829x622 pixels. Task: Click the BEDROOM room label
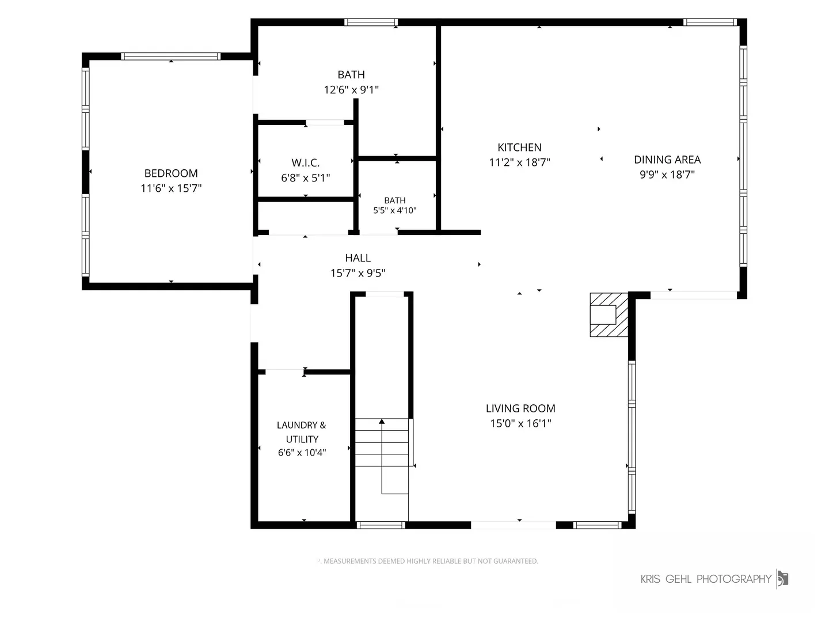171,173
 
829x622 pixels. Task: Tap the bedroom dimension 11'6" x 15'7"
171,188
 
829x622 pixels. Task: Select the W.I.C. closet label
306,163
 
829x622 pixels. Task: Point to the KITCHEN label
519,147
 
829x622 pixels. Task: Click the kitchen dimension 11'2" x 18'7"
519,162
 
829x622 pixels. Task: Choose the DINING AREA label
667,160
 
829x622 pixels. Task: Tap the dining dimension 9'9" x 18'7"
667,175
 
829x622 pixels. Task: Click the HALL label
358,258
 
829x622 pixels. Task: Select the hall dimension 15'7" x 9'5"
358,272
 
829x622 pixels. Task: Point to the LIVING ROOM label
520,408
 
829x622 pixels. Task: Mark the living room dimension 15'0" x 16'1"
520,423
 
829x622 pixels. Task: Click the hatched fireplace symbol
609,314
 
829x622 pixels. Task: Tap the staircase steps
382,442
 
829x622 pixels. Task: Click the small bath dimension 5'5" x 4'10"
395,210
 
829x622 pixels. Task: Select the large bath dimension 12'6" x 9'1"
351,89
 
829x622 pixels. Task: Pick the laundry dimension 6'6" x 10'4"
302,453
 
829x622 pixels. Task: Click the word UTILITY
302,439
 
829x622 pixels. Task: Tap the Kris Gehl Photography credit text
706,579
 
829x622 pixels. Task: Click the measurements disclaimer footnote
428,561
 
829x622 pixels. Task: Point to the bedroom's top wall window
171,56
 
